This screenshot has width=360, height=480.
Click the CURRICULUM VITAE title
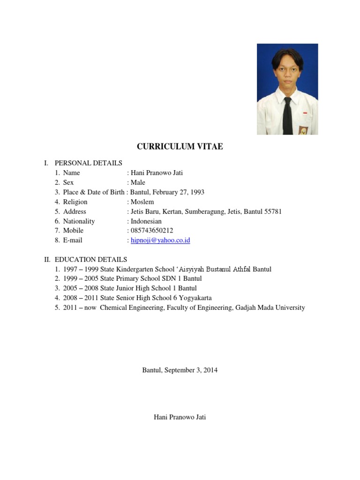click(x=180, y=147)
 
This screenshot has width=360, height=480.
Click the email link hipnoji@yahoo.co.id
click(x=160, y=240)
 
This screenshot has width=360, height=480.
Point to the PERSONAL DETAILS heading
click(x=88, y=163)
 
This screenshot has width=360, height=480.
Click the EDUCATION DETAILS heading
click(x=90, y=259)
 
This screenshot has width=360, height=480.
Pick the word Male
click(x=138, y=182)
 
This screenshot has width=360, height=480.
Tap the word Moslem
click(x=142, y=202)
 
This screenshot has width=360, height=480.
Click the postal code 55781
click(x=272, y=211)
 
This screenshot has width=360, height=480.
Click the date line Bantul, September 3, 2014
click(x=180, y=370)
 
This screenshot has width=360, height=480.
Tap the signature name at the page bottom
click(x=180, y=417)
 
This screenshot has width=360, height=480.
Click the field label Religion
click(x=75, y=202)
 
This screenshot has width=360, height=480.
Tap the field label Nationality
click(x=79, y=221)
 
